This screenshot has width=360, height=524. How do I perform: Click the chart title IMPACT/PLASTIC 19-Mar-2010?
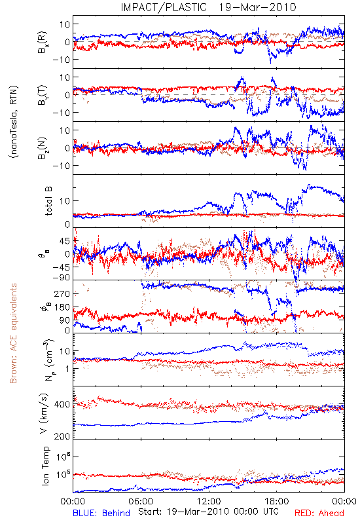click(208, 7)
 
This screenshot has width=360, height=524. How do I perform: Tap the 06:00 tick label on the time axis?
click(141, 501)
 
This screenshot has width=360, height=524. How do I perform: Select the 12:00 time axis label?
click(209, 501)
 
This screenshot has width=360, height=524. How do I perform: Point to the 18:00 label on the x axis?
click(277, 501)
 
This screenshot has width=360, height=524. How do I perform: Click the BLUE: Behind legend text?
click(101, 513)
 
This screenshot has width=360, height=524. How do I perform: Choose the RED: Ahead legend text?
click(319, 513)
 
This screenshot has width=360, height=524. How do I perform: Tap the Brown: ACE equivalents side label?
click(13, 333)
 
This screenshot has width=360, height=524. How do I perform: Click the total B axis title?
click(48, 201)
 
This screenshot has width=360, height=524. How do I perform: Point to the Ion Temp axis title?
click(45, 466)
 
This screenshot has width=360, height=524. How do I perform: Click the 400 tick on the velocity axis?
click(62, 404)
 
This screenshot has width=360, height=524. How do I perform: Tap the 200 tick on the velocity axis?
click(62, 436)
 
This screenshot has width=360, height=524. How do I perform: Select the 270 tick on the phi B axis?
click(62, 293)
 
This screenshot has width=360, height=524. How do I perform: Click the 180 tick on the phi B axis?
click(62, 307)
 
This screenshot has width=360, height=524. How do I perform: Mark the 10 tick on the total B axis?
click(65, 201)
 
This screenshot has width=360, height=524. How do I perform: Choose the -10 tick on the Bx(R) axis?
click(60, 60)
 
